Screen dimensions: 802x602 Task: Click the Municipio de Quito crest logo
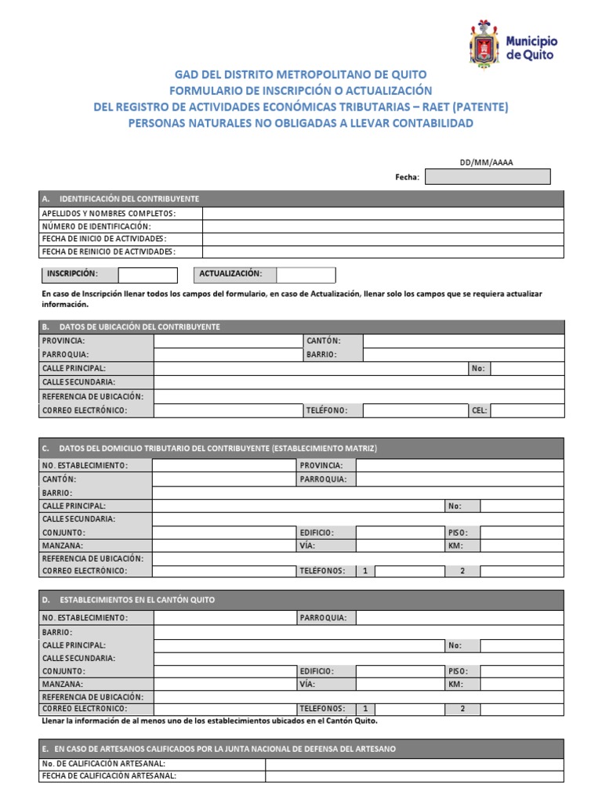pyautogui.click(x=483, y=44)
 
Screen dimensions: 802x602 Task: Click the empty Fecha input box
pyautogui.click(x=487, y=177)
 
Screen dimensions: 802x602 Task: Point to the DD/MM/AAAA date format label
pyautogui.click(x=487, y=162)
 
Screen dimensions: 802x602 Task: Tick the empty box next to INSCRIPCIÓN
pyautogui.click(x=147, y=275)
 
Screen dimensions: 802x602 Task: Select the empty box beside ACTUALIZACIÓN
pyautogui.click(x=306, y=275)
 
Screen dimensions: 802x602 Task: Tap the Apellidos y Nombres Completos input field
pyautogui.click(x=382, y=214)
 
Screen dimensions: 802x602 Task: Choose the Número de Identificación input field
pyautogui.click(x=382, y=226)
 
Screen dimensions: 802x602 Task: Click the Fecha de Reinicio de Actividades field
pyautogui.click(x=382, y=251)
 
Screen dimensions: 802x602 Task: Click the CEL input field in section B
pyautogui.click(x=526, y=410)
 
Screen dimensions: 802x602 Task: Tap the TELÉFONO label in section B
pyautogui.click(x=326, y=410)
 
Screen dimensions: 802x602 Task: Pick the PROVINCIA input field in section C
pyautogui.click(x=459, y=465)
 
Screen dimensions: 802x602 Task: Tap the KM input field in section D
pyautogui.click(x=521, y=684)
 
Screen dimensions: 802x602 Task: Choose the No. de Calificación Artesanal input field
pyautogui.click(x=414, y=764)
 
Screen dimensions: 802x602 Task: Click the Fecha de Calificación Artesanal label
pyautogui.click(x=109, y=776)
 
